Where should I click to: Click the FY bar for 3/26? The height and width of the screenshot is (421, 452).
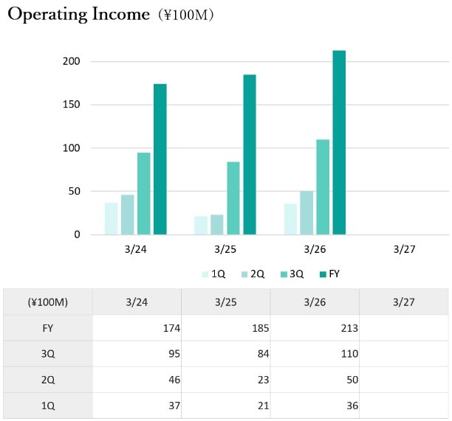[339, 142]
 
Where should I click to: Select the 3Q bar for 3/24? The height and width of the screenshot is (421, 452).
[143, 193]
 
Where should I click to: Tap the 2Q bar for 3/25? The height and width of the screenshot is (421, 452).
[217, 224]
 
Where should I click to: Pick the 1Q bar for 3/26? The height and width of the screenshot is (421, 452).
[290, 219]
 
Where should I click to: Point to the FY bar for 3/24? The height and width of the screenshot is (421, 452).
[160, 159]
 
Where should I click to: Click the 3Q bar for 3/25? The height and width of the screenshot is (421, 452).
[233, 198]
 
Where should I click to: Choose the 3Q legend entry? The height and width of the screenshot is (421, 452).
[292, 274]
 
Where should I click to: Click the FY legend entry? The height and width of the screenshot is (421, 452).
[330, 274]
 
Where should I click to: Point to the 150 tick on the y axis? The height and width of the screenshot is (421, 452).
[71, 104]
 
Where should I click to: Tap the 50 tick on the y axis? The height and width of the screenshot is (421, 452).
[74, 191]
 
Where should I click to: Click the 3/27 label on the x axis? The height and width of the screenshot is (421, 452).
[404, 249]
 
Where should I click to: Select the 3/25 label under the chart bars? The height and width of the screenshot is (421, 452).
[225, 249]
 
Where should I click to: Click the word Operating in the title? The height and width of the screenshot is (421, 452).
[47, 15]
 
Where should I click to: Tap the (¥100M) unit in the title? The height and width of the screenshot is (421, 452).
[186, 15]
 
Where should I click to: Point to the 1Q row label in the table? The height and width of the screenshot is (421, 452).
[48, 406]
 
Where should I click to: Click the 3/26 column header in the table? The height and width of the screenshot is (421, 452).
[315, 302]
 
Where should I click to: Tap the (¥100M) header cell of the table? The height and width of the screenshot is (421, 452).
[48, 302]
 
